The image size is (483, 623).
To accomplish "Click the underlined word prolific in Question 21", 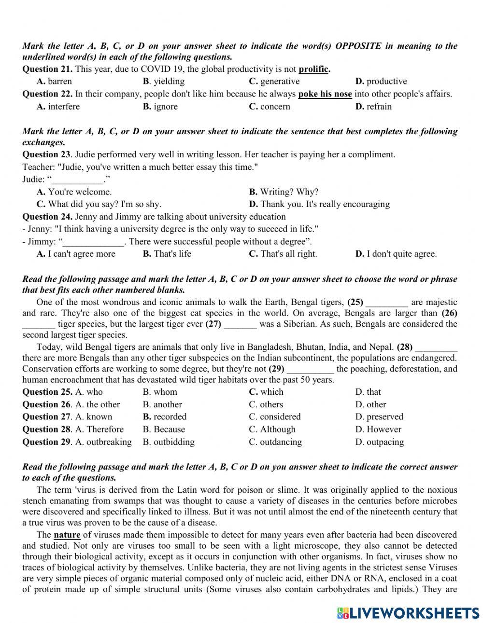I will pyautogui.click(x=313, y=69).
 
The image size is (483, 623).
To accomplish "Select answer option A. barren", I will pyautogui.click(x=54, y=81).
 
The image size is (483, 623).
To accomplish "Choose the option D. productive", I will pyautogui.click(x=381, y=81).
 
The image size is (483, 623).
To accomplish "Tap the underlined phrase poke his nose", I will pyautogui.click(x=325, y=94).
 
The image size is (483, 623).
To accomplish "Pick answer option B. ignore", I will pyautogui.click(x=160, y=107).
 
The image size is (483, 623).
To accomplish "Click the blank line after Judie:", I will pyautogui.click(x=77, y=180).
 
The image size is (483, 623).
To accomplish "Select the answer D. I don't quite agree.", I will pyautogui.click(x=396, y=254).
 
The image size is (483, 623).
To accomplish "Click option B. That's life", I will pyautogui.click(x=167, y=254).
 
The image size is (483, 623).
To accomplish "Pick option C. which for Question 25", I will pyautogui.click(x=266, y=392).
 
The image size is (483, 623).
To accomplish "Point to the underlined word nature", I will pyautogui.click(x=67, y=535).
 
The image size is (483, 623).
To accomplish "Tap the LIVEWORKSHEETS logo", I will pyautogui.click(x=408, y=612).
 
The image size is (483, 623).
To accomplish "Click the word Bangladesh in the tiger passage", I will pyautogui.click(x=270, y=347).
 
